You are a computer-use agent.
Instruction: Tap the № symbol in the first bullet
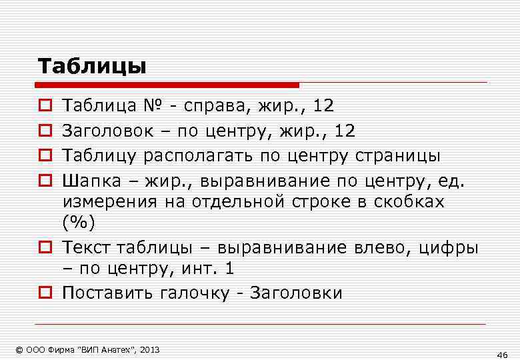click(x=151, y=105)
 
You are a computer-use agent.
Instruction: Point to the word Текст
click(x=87, y=248)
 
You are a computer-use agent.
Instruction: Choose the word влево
click(x=376, y=248)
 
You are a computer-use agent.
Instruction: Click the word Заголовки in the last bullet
click(x=296, y=293)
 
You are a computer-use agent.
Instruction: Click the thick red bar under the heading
click(x=167, y=85)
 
